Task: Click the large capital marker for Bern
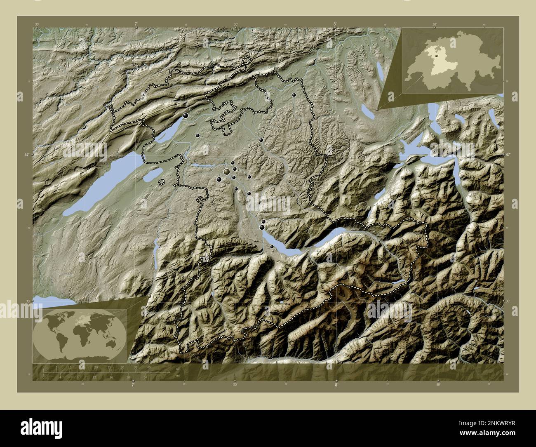[227, 171]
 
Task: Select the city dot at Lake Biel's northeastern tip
[186, 116]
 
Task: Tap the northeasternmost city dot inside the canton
[294, 95]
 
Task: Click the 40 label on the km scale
[149, 367]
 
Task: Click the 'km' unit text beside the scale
[178, 369]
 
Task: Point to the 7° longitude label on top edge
[136, 24]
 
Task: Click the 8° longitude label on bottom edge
[336, 385]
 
